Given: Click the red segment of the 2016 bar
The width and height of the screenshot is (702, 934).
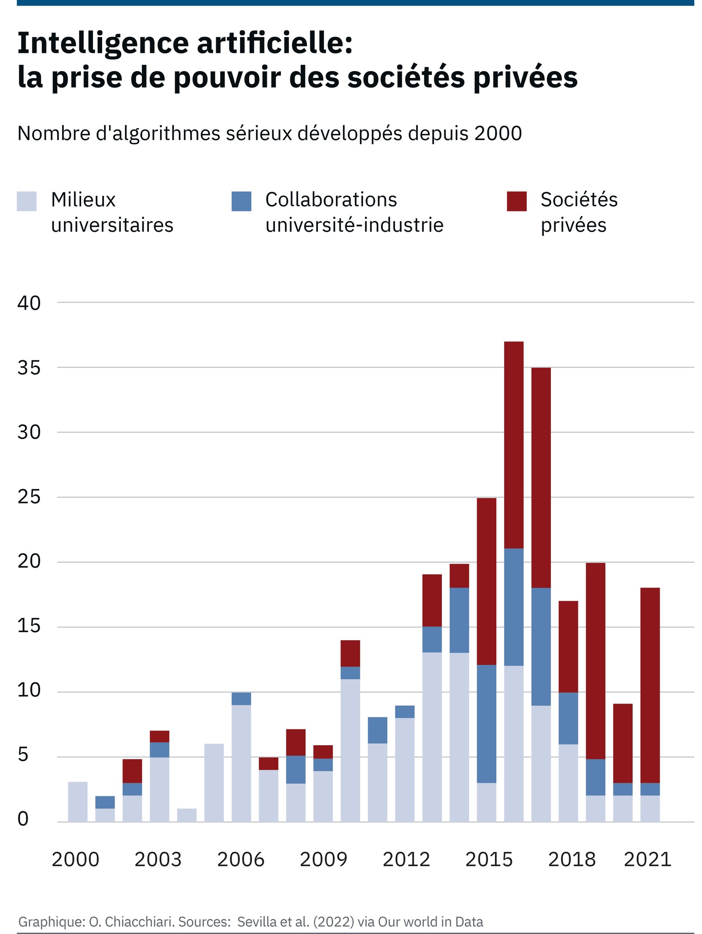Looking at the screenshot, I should coord(514,445).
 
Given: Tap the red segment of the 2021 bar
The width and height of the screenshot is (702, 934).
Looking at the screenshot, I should coord(650,685).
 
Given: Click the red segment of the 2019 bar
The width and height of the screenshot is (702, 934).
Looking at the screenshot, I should coord(595,661).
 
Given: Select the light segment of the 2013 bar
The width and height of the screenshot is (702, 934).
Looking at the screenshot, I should coord(432,737).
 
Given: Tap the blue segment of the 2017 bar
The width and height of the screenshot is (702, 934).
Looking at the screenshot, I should coord(541,647).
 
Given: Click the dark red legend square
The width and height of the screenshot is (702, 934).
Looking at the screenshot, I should coord(516,201).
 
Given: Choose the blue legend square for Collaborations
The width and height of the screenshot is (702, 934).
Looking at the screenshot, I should coord(241,201).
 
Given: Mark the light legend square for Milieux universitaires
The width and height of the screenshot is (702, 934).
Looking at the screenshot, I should coord(26,201).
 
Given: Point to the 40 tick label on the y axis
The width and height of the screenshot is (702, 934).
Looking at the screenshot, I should coord(29,303).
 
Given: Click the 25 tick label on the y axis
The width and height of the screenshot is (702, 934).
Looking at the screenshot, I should coord(29,498).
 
